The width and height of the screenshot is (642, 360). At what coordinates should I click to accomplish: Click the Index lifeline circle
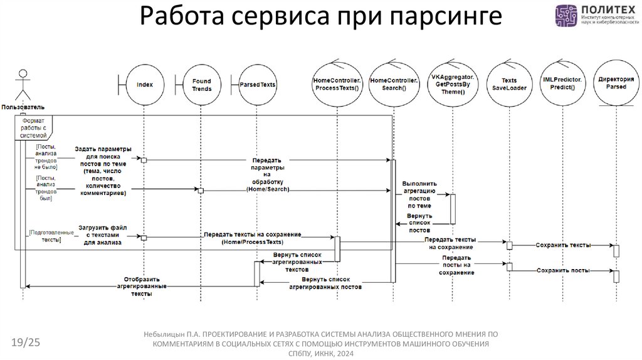[144, 84]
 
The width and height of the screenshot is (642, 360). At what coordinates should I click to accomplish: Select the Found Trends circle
[201, 84]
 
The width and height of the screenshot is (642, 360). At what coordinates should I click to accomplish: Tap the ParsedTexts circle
[257, 84]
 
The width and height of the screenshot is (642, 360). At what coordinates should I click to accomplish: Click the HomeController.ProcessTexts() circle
[337, 84]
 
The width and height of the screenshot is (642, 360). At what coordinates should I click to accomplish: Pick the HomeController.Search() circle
[393, 84]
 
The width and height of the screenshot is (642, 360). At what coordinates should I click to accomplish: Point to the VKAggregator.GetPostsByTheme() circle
[453, 84]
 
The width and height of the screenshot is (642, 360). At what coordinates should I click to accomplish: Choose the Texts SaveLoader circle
[509, 84]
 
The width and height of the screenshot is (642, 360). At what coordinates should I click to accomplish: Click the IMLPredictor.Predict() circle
[562, 84]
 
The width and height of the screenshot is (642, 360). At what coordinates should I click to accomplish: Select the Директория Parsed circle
[616, 84]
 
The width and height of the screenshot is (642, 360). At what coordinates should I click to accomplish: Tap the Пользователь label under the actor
[23, 107]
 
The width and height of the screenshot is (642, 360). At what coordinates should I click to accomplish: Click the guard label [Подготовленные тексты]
[45, 236]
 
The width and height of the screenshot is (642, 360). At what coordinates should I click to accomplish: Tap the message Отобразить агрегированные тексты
[142, 285]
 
